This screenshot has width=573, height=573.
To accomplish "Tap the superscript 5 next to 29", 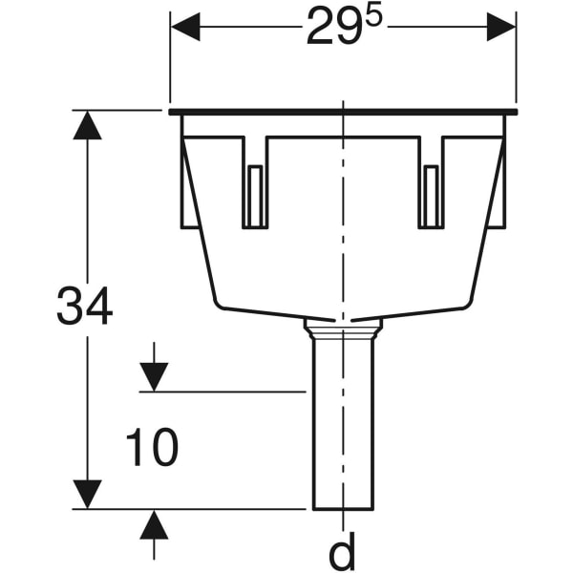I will [x=371, y=19].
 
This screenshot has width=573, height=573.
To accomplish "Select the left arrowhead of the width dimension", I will [x=185, y=27].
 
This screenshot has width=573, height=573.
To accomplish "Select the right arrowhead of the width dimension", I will [x=501, y=27].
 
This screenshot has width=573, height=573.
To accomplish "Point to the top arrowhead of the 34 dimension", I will [x=88, y=125].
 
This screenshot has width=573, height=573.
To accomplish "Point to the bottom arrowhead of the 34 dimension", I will [x=88, y=495].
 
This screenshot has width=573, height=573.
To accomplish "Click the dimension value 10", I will [x=152, y=449].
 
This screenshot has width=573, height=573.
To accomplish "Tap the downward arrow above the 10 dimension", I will [x=154, y=376].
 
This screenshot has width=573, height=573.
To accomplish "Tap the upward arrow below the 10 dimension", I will [x=154, y=524].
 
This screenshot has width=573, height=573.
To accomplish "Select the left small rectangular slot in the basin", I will [x=255, y=196].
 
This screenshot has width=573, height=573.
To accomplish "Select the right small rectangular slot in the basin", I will [x=431, y=196].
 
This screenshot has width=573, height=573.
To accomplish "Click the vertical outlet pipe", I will [x=342, y=430].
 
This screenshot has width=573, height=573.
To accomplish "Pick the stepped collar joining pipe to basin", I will [x=342, y=329].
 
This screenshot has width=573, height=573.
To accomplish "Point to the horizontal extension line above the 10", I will [x=224, y=391].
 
